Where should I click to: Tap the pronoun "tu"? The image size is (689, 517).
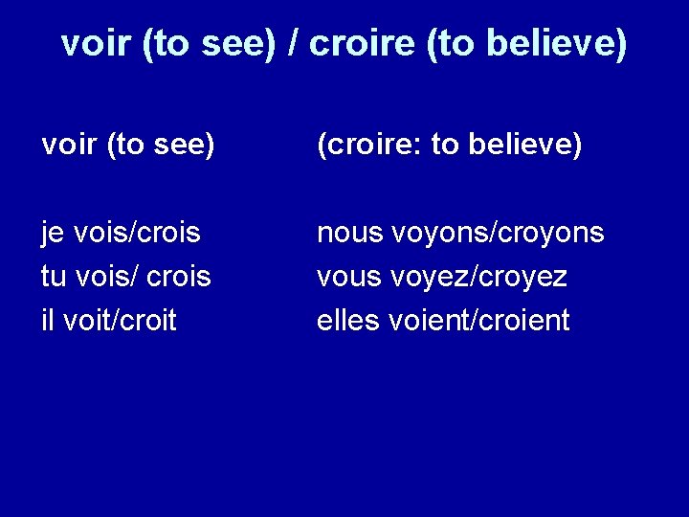click(x=54, y=278)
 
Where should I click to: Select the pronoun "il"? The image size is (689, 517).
click(x=48, y=321)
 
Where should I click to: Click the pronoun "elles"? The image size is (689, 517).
click(x=349, y=321)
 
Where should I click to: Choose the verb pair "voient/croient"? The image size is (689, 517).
click(x=480, y=321)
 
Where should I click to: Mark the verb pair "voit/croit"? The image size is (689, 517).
click(x=120, y=321)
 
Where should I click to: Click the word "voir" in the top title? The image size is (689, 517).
click(x=96, y=44)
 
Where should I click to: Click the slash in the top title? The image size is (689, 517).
click(x=297, y=44)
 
